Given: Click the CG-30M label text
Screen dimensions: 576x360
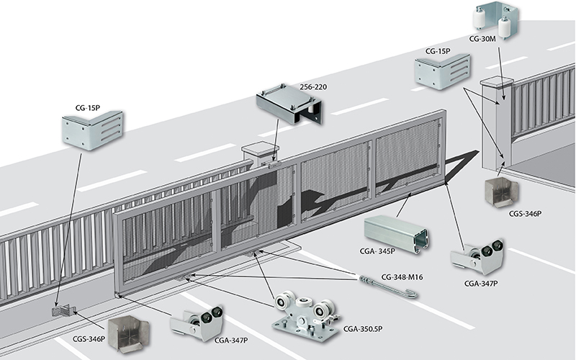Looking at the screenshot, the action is point(482,39).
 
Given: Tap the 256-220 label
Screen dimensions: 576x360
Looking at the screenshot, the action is point(313,87).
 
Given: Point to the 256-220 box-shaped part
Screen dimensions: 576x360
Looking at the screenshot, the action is point(289,104).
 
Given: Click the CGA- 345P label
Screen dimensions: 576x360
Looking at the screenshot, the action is point(377,251).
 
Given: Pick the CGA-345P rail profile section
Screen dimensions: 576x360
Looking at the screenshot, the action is point(396,234).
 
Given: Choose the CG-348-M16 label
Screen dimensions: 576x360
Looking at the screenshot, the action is point(402,277).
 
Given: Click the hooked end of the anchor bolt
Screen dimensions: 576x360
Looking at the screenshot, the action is point(413,294).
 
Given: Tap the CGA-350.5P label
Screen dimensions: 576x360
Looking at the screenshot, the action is point(363,329).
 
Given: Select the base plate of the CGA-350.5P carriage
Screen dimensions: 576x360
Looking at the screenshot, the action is point(305,330).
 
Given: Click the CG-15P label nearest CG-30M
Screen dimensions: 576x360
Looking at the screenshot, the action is point(438,51).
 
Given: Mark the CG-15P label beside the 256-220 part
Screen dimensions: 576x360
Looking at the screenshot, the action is point(87,107).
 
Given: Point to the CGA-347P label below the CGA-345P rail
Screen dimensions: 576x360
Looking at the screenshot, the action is point(481,283).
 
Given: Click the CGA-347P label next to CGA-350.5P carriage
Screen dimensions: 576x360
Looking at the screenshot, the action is point(230,340).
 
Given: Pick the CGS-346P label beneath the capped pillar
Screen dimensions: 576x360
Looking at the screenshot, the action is point(526,213).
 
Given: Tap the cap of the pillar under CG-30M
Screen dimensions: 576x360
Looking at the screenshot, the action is point(498,81).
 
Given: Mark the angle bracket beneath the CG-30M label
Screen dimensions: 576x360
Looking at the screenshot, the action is point(443,72).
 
